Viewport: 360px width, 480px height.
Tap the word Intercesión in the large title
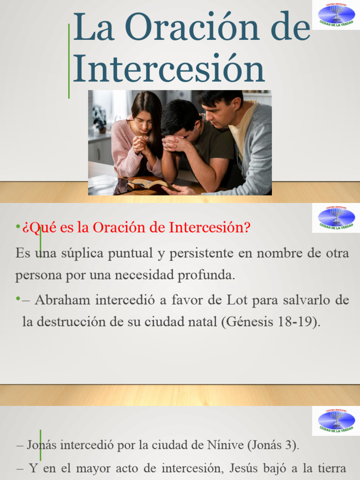[169, 69]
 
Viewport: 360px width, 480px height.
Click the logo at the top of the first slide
[336, 15]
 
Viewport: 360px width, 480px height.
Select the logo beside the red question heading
[336, 218]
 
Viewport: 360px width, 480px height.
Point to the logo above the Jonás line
[336, 420]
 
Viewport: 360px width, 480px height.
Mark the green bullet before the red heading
[17, 227]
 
